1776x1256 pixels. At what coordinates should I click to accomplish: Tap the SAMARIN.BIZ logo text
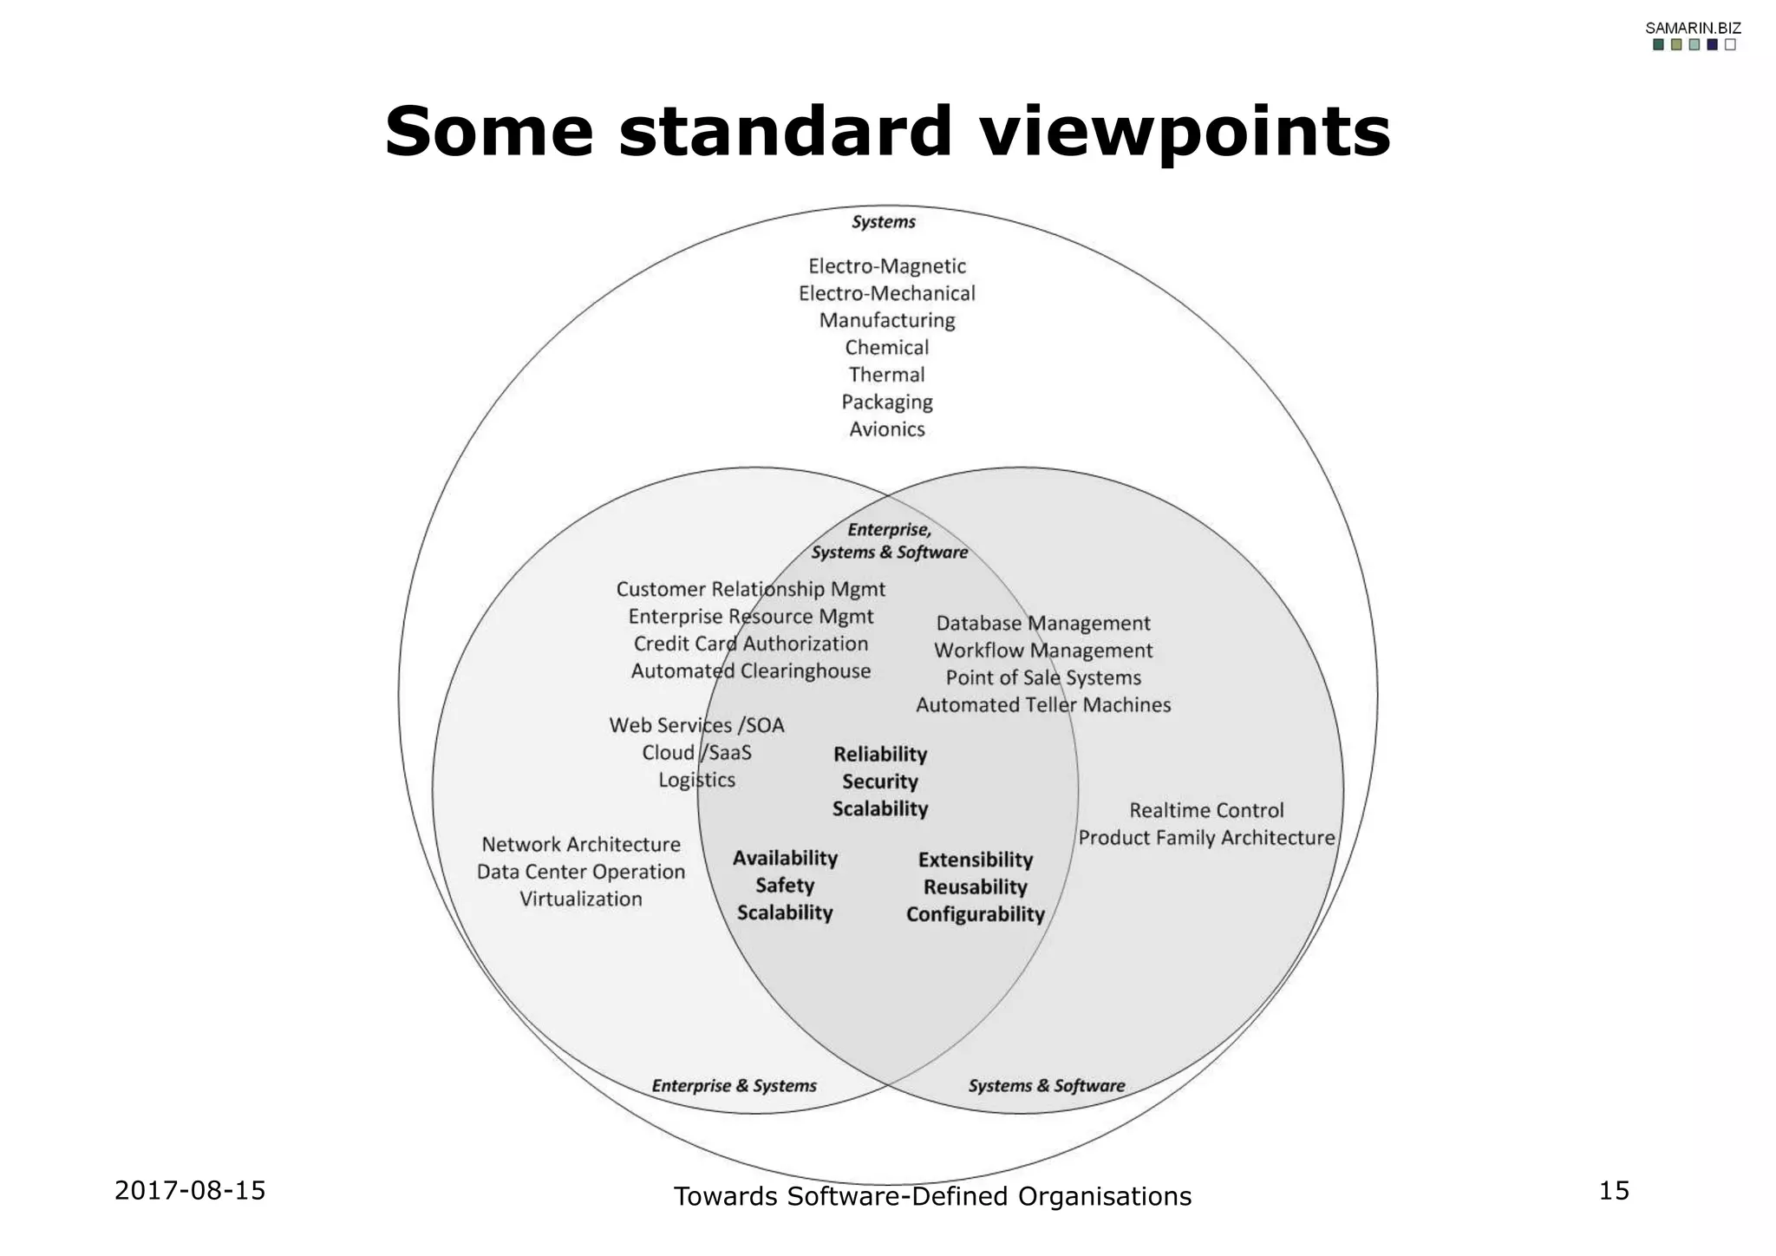(x=1693, y=28)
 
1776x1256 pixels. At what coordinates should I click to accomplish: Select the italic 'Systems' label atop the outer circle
(x=884, y=222)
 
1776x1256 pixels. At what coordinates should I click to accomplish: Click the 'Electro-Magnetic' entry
(x=887, y=266)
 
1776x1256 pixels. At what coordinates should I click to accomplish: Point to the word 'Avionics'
(x=887, y=429)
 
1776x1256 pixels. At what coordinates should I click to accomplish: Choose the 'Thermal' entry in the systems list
(x=887, y=375)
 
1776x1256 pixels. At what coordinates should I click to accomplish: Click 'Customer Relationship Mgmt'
(x=751, y=590)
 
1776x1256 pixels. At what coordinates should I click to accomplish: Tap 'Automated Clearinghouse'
(x=751, y=671)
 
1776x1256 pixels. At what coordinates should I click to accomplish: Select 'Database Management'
(x=1043, y=624)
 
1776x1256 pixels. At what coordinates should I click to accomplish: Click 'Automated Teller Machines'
(x=1043, y=705)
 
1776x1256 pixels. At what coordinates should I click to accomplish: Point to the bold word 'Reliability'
(x=880, y=755)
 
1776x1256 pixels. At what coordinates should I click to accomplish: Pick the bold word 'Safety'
(x=785, y=886)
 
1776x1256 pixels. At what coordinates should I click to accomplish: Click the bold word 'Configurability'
(x=976, y=914)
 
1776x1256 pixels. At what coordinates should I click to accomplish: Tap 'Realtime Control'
(x=1206, y=811)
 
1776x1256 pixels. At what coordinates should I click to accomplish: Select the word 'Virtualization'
(x=581, y=899)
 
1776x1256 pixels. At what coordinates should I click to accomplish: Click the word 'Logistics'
(x=696, y=780)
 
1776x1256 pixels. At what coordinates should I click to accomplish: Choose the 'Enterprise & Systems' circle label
(x=735, y=1086)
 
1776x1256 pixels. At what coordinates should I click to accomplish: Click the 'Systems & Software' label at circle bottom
(x=1047, y=1086)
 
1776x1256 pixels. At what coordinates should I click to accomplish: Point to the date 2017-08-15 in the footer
(x=190, y=1191)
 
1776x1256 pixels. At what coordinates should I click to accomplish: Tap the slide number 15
(x=1614, y=1191)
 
